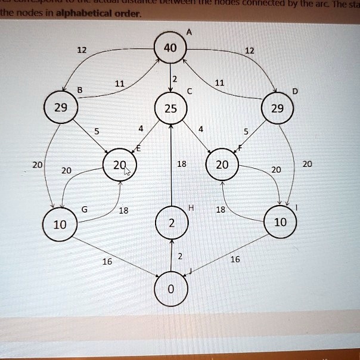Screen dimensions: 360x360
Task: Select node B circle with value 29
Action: tap(61, 108)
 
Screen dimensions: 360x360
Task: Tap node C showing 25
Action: tap(171, 109)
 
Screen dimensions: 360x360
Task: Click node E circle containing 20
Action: tap(120, 165)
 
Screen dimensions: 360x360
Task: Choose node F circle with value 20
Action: tap(222, 165)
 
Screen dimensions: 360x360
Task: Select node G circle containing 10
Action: tap(60, 225)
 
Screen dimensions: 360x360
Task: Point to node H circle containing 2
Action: tap(172, 224)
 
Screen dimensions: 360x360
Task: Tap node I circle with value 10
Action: tap(280, 222)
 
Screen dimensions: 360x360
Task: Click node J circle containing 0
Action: tap(172, 290)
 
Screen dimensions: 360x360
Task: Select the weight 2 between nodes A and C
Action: tap(175, 79)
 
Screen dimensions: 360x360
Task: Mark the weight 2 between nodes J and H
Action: tap(179, 256)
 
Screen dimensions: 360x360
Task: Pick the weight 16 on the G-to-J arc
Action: tap(107, 261)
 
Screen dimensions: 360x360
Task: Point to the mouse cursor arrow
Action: tap(127, 173)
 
